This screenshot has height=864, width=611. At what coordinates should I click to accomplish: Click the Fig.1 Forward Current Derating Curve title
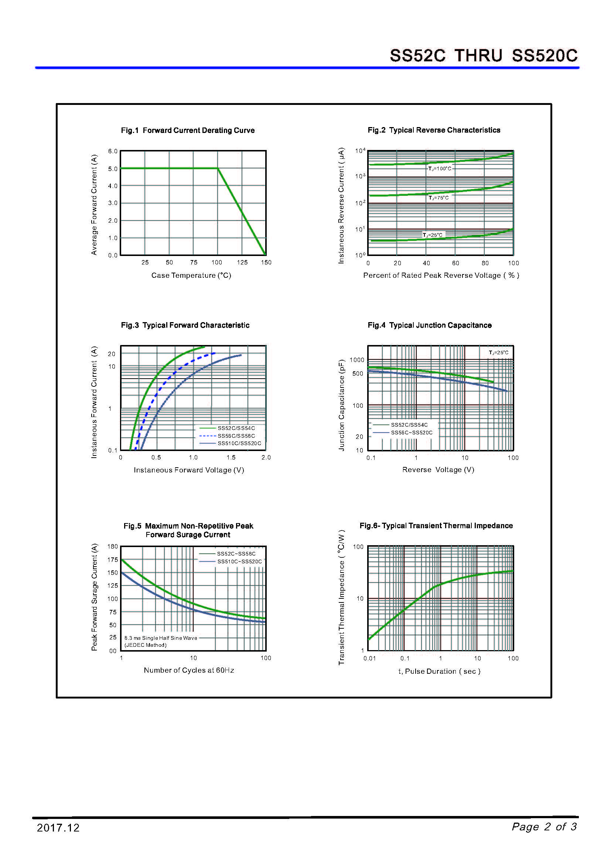(x=188, y=130)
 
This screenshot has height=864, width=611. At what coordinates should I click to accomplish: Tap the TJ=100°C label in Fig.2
(x=440, y=168)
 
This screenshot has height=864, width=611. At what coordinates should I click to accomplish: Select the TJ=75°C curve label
(x=439, y=198)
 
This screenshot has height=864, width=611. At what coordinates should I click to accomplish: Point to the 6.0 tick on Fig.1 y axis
(x=113, y=151)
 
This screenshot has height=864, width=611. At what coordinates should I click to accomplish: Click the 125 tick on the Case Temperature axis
(x=242, y=262)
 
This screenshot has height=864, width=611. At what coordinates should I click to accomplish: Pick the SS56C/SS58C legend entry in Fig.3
(x=236, y=436)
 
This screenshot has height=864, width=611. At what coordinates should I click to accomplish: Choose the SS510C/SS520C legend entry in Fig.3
(x=239, y=443)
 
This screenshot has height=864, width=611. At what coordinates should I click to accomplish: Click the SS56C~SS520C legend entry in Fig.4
(x=412, y=433)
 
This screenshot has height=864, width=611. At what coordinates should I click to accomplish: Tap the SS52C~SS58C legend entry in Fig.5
(x=236, y=554)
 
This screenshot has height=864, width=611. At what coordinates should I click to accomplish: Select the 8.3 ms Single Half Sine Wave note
(x=161, y=638)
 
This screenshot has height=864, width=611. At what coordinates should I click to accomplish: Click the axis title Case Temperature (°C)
(x=191, y=276)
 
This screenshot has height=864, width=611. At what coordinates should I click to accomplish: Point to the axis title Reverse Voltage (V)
(x=438, y=469)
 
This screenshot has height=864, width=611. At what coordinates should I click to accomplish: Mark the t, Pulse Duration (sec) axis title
(x=440, y=671)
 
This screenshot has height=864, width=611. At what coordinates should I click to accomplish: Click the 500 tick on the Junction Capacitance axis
(x=358, y=374)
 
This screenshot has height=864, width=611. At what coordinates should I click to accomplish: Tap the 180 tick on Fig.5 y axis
(x=113, y=546)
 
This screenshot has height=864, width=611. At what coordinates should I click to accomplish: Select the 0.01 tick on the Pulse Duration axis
(x=369, y=658)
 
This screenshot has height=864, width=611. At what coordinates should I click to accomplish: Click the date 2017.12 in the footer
(x=58, y=828)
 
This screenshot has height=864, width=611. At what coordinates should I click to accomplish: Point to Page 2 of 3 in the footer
(x=544, y=827)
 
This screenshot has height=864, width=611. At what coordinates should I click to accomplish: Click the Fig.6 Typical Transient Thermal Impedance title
(x=436, y=526)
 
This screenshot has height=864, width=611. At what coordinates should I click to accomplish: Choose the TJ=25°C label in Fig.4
(x=498, y=353)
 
